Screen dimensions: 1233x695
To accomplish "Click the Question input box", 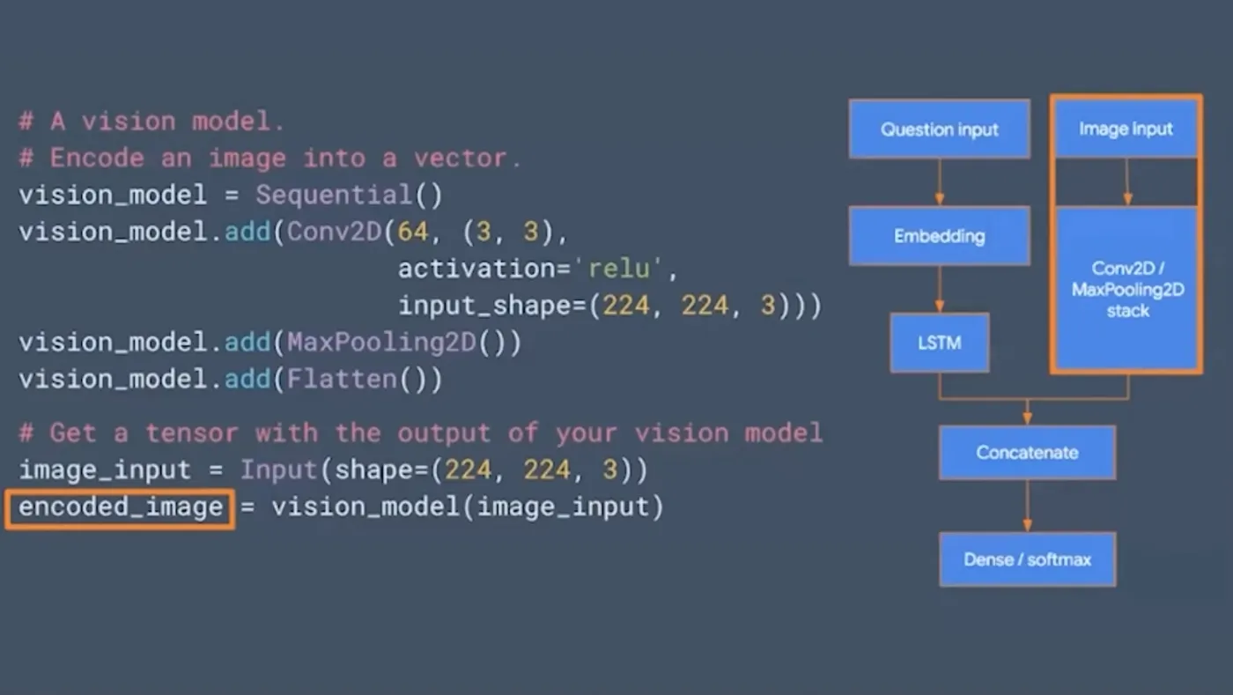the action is coord(939,129).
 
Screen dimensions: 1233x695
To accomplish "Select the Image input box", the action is coord(1126,129).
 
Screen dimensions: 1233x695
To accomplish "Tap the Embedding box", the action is coord(939,236).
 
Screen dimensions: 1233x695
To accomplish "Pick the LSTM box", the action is coord(939,343).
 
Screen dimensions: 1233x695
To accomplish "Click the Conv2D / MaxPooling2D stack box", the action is coord(1126,289).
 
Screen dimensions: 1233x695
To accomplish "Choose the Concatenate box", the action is coord(1027,453).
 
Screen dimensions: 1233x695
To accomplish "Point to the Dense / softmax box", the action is coord(1027,559).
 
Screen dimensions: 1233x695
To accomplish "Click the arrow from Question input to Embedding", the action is coord(939,182).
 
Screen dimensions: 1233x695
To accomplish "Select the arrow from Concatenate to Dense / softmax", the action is coord(1027,506).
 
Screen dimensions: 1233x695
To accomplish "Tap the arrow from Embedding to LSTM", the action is coord(939,289).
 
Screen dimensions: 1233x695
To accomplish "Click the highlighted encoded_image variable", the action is coord(121,508).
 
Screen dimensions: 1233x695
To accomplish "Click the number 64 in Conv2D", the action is coord(412,233).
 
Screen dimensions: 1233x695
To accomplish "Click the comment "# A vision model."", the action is coord(151,122).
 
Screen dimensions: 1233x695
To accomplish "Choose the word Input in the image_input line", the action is coord(278,470).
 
